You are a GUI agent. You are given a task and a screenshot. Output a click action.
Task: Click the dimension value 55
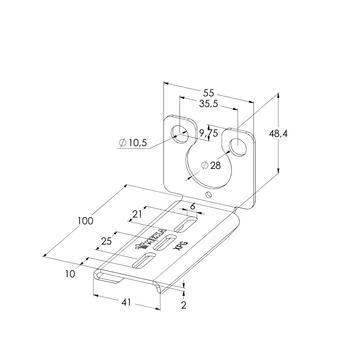tap(209, 93)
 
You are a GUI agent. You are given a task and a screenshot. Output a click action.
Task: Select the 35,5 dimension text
tap(208, 104)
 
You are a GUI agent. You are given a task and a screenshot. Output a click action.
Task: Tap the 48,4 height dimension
tap(278, 134)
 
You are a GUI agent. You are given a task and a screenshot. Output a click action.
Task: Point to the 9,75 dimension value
tap(208, 133)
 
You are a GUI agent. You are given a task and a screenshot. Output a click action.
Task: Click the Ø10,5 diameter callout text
tap(133, 143)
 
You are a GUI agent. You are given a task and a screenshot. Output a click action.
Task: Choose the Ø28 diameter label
tap(211, 165)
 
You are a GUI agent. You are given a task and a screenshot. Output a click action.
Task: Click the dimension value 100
tap(85, 221)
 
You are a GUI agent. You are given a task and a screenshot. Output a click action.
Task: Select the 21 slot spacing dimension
tap(137, 214)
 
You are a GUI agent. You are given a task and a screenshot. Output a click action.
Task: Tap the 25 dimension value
tap(107, 241)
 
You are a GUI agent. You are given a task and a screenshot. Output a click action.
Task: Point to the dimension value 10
tap(70, 274)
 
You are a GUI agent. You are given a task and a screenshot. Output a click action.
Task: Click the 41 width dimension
tap(126, 302)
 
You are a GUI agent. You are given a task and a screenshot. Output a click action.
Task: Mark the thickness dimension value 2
tap(184, 305)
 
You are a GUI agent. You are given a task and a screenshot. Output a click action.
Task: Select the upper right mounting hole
tap(237, 147)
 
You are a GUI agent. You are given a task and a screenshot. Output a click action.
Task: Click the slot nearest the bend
tap(186, 225)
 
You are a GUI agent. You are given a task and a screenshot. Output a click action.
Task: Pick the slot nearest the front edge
tap(144, 260)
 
